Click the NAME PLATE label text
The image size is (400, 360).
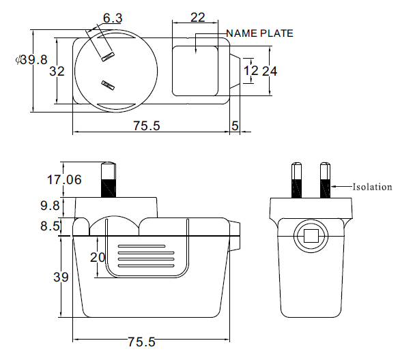(259, 33)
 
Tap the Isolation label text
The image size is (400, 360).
(372, 187)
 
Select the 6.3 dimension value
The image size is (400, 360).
(113, 18)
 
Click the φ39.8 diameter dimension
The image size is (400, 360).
(31, 60)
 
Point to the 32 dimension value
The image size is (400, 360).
(57, 72)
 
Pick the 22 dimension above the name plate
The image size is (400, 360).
(198, 18)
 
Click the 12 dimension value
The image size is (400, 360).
(251, 71)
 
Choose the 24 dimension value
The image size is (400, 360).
(270, 72)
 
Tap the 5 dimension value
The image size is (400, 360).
(235, 126)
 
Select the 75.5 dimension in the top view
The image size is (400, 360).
(147, 126)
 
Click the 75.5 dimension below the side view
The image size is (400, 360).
(141, 342)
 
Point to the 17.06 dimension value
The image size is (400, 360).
(64, 179)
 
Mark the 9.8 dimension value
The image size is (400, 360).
(50, 205)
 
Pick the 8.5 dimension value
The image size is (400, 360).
(50, 226)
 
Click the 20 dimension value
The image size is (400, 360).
(98, 257)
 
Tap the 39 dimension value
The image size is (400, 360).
(61, 277)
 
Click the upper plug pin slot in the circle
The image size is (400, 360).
(108, 57)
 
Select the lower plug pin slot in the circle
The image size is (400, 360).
(108, 85)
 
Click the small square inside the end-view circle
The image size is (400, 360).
(311, 236)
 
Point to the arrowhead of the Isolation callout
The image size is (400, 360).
(333, 187)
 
